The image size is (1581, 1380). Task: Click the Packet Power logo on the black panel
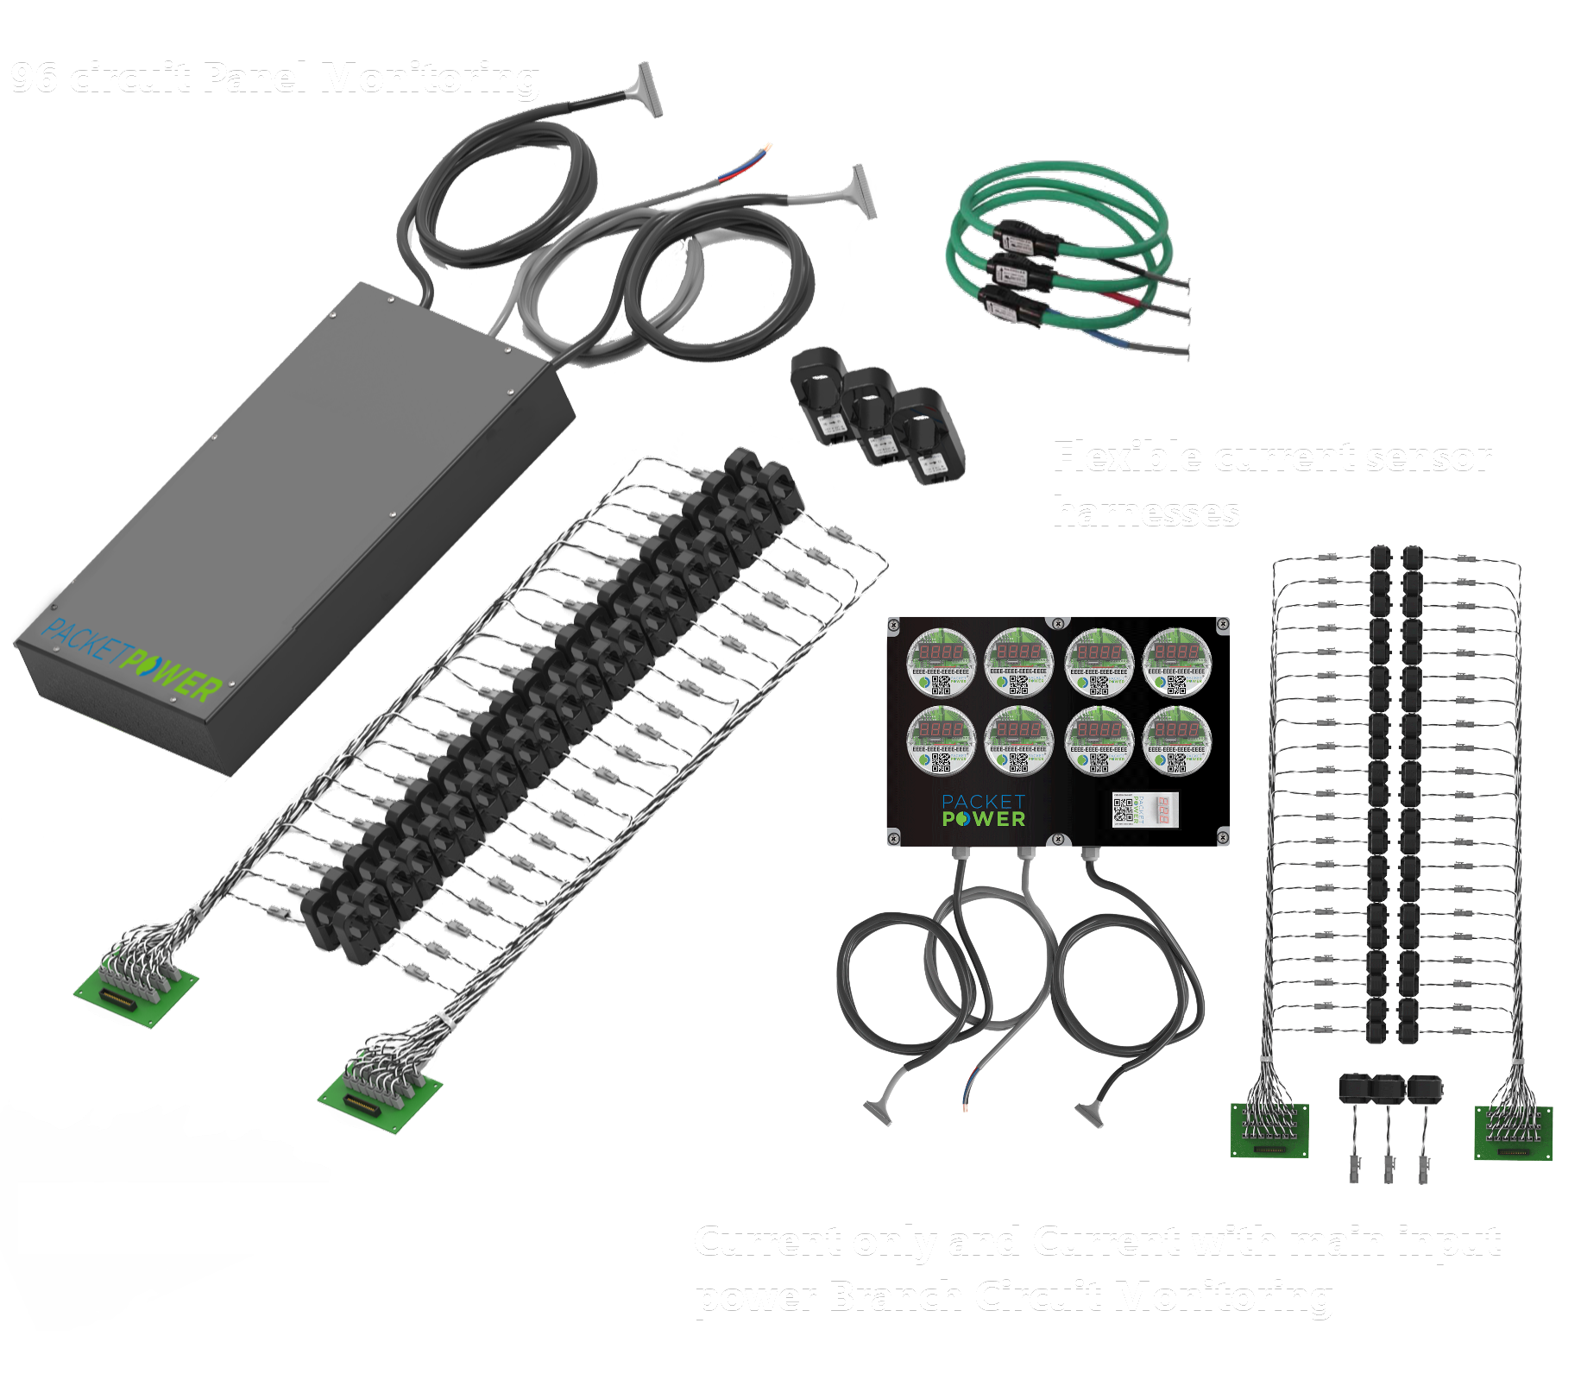[983, 811]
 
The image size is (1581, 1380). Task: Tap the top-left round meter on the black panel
[941, 662]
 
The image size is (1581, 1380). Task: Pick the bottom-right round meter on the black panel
[1176, 740]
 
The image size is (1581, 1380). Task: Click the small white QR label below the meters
[1144, 810]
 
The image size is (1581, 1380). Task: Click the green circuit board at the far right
[1513, 1133]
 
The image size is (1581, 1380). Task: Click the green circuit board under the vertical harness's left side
[1269, 1131]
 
